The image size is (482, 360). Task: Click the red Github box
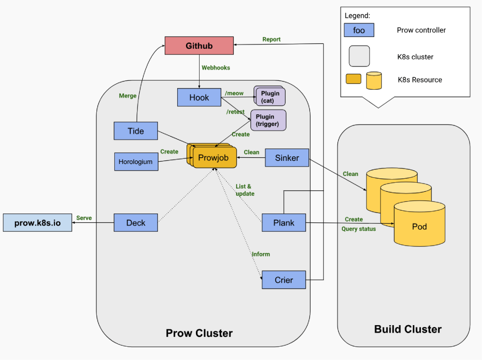199,46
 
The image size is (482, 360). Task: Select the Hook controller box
199,98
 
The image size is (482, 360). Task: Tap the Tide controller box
136,131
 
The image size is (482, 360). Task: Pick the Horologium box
136,162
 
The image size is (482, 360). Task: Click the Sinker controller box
287,158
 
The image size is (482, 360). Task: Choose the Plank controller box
284,222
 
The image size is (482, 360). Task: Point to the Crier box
284,280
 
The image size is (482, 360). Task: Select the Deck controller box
136,222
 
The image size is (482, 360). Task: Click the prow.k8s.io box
37,222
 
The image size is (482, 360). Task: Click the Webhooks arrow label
216,68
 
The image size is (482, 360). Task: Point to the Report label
271,39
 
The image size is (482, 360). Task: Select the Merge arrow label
128,96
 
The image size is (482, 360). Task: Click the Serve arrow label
84,218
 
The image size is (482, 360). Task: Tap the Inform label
261,254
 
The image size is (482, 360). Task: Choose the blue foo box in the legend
359,30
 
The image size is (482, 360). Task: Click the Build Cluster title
408,330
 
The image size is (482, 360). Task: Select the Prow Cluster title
199,333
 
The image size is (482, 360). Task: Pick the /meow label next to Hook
234,93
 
